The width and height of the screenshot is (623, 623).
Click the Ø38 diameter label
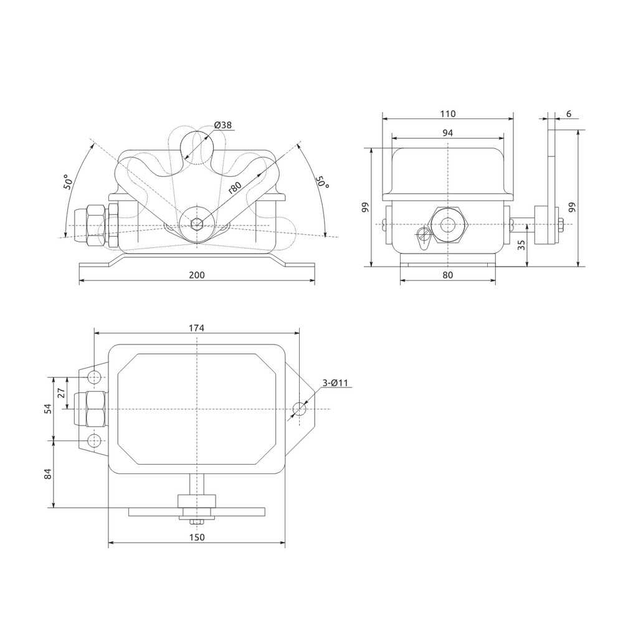click(x=222, y=125)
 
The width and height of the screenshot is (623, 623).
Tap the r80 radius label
click(x=235, y=187)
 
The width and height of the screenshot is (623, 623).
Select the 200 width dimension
click(x=197, y=275)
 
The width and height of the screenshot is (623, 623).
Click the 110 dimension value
click(x=448, y=114)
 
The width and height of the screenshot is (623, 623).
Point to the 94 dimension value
click(x=448, y=133)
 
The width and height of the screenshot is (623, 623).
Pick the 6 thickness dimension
click(x=569, y=114)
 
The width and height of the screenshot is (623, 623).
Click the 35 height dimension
click(x=521, y=245)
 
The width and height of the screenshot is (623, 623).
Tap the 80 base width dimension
click(x=448, y=275)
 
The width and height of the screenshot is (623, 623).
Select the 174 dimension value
click(x=197, y=328)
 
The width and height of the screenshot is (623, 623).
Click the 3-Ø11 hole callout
click(x=335, y=383)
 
